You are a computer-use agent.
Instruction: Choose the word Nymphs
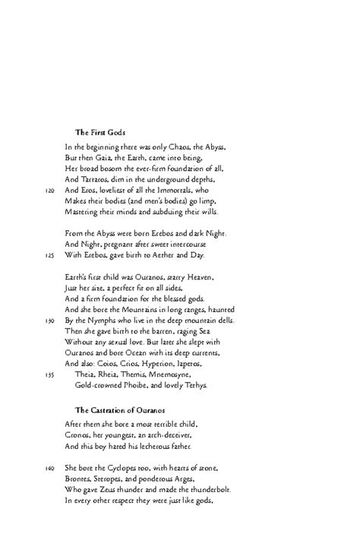pos(102,322)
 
